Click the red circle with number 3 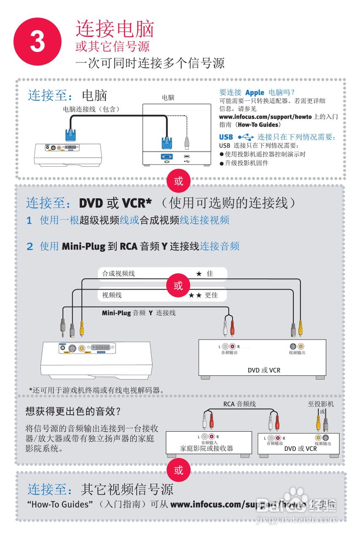click(38, 41)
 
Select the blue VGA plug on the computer click(167, 141)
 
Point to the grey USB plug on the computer click(187, 142)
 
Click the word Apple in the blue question click(254, 92)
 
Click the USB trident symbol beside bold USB click(246, 137)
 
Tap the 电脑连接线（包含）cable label click(91, 109)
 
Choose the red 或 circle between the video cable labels click(179, 286)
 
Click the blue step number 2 click(30, 246)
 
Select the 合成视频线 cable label click(119, 274)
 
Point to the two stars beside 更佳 click(195, 295)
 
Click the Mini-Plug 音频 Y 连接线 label click(138, 313)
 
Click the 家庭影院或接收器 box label click(206, 448)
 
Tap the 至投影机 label click(321, 404)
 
